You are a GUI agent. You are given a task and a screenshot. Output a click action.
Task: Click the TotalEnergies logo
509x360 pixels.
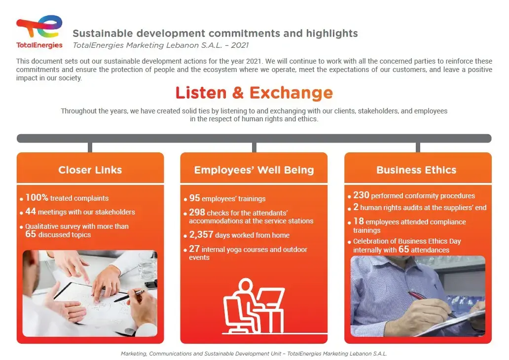(x=39, y=32)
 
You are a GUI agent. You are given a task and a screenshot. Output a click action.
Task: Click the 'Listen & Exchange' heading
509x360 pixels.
(x=254, y=93)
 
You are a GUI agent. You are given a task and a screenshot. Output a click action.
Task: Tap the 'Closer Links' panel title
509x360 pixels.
(x=90, y=170)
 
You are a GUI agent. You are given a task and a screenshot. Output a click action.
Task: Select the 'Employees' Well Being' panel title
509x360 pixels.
(x=254, y=170)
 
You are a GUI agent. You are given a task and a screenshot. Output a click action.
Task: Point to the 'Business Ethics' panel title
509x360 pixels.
(x=416, y=170)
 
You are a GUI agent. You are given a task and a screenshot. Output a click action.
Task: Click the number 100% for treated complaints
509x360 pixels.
(x=36, y=197)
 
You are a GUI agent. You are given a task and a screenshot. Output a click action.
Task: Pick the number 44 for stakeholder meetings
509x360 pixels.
(x=31, y=212)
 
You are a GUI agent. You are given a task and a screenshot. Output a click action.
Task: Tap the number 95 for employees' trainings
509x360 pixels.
(x=194, y=198)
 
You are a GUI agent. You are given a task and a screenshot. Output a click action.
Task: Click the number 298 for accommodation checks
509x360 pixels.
(x=197, y=212)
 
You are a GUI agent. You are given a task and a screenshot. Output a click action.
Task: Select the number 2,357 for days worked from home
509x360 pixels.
(x=201, y=235)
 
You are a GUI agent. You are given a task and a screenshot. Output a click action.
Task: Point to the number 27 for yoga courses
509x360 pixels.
(x=194, y=249)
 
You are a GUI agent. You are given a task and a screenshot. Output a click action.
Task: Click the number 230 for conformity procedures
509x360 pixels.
(x=362, y=195)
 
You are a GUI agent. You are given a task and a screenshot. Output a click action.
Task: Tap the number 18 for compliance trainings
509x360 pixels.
(x=359, y=221)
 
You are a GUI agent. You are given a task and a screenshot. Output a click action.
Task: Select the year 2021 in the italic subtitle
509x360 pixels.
(x=240, y=45)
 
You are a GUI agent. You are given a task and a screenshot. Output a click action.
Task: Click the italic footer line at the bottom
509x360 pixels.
(x=254, y=354)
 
